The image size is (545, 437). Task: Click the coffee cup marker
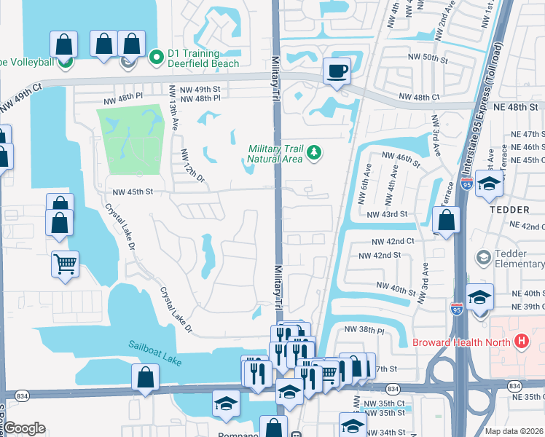tap(336, 71)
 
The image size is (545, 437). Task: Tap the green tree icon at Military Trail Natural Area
tap(314, 152)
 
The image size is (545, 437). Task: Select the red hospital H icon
tap(521, 340)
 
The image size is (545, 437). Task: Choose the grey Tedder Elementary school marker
tap(482, 258)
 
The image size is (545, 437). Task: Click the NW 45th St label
tap(132, 192)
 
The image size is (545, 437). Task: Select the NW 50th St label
tap(426, 57)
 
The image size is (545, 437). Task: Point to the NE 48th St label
tap(518, 106)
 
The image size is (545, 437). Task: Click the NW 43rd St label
tap(387, 215)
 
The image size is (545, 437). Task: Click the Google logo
tap(23, 428)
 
